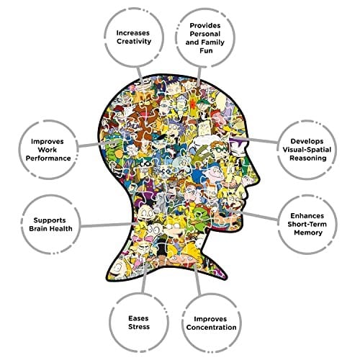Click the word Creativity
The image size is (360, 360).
click(x=134, y=42)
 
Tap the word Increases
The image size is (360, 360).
click(x=133, y=33)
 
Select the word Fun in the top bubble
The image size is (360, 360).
click(x=206, y=50)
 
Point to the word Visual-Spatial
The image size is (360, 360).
click(x=307, y=150)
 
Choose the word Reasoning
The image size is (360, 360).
click(x=308, y=158)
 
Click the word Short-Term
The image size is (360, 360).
click(x=307, y=224)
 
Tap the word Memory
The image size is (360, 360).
click(x=308, y=233)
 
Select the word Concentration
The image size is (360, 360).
click(x=212, y=328)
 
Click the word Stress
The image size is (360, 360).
click(x=139, y=327)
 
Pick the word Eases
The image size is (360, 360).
click(x=138, y=318)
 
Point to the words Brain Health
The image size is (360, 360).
click(x=50, y=228)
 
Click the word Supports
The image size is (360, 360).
click(x=50, y=220)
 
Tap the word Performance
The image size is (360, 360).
click(x=48, y=158)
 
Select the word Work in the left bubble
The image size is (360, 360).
click(x=48, y=150)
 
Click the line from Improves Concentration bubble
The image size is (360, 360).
click(x=197, y=280)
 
